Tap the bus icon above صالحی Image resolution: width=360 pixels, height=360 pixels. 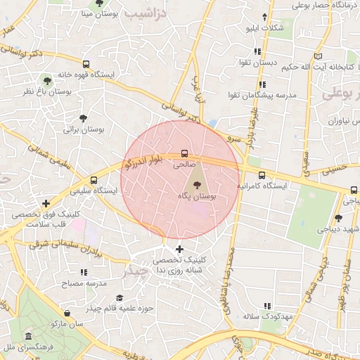[184, 152]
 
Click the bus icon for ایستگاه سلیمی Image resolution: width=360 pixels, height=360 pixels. [94, 180]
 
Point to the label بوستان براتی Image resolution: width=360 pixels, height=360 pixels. [84, 129]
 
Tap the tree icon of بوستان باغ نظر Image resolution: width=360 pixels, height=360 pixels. [48, 79]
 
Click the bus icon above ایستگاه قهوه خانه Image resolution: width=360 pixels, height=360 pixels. [86, 64]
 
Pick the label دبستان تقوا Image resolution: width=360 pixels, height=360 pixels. [257, 63]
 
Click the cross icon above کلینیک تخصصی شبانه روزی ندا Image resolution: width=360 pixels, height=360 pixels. [179, 249]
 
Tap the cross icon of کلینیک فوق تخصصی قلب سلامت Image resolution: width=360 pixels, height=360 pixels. [46, 203]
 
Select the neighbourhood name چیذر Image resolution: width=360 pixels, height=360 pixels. [134, 270]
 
